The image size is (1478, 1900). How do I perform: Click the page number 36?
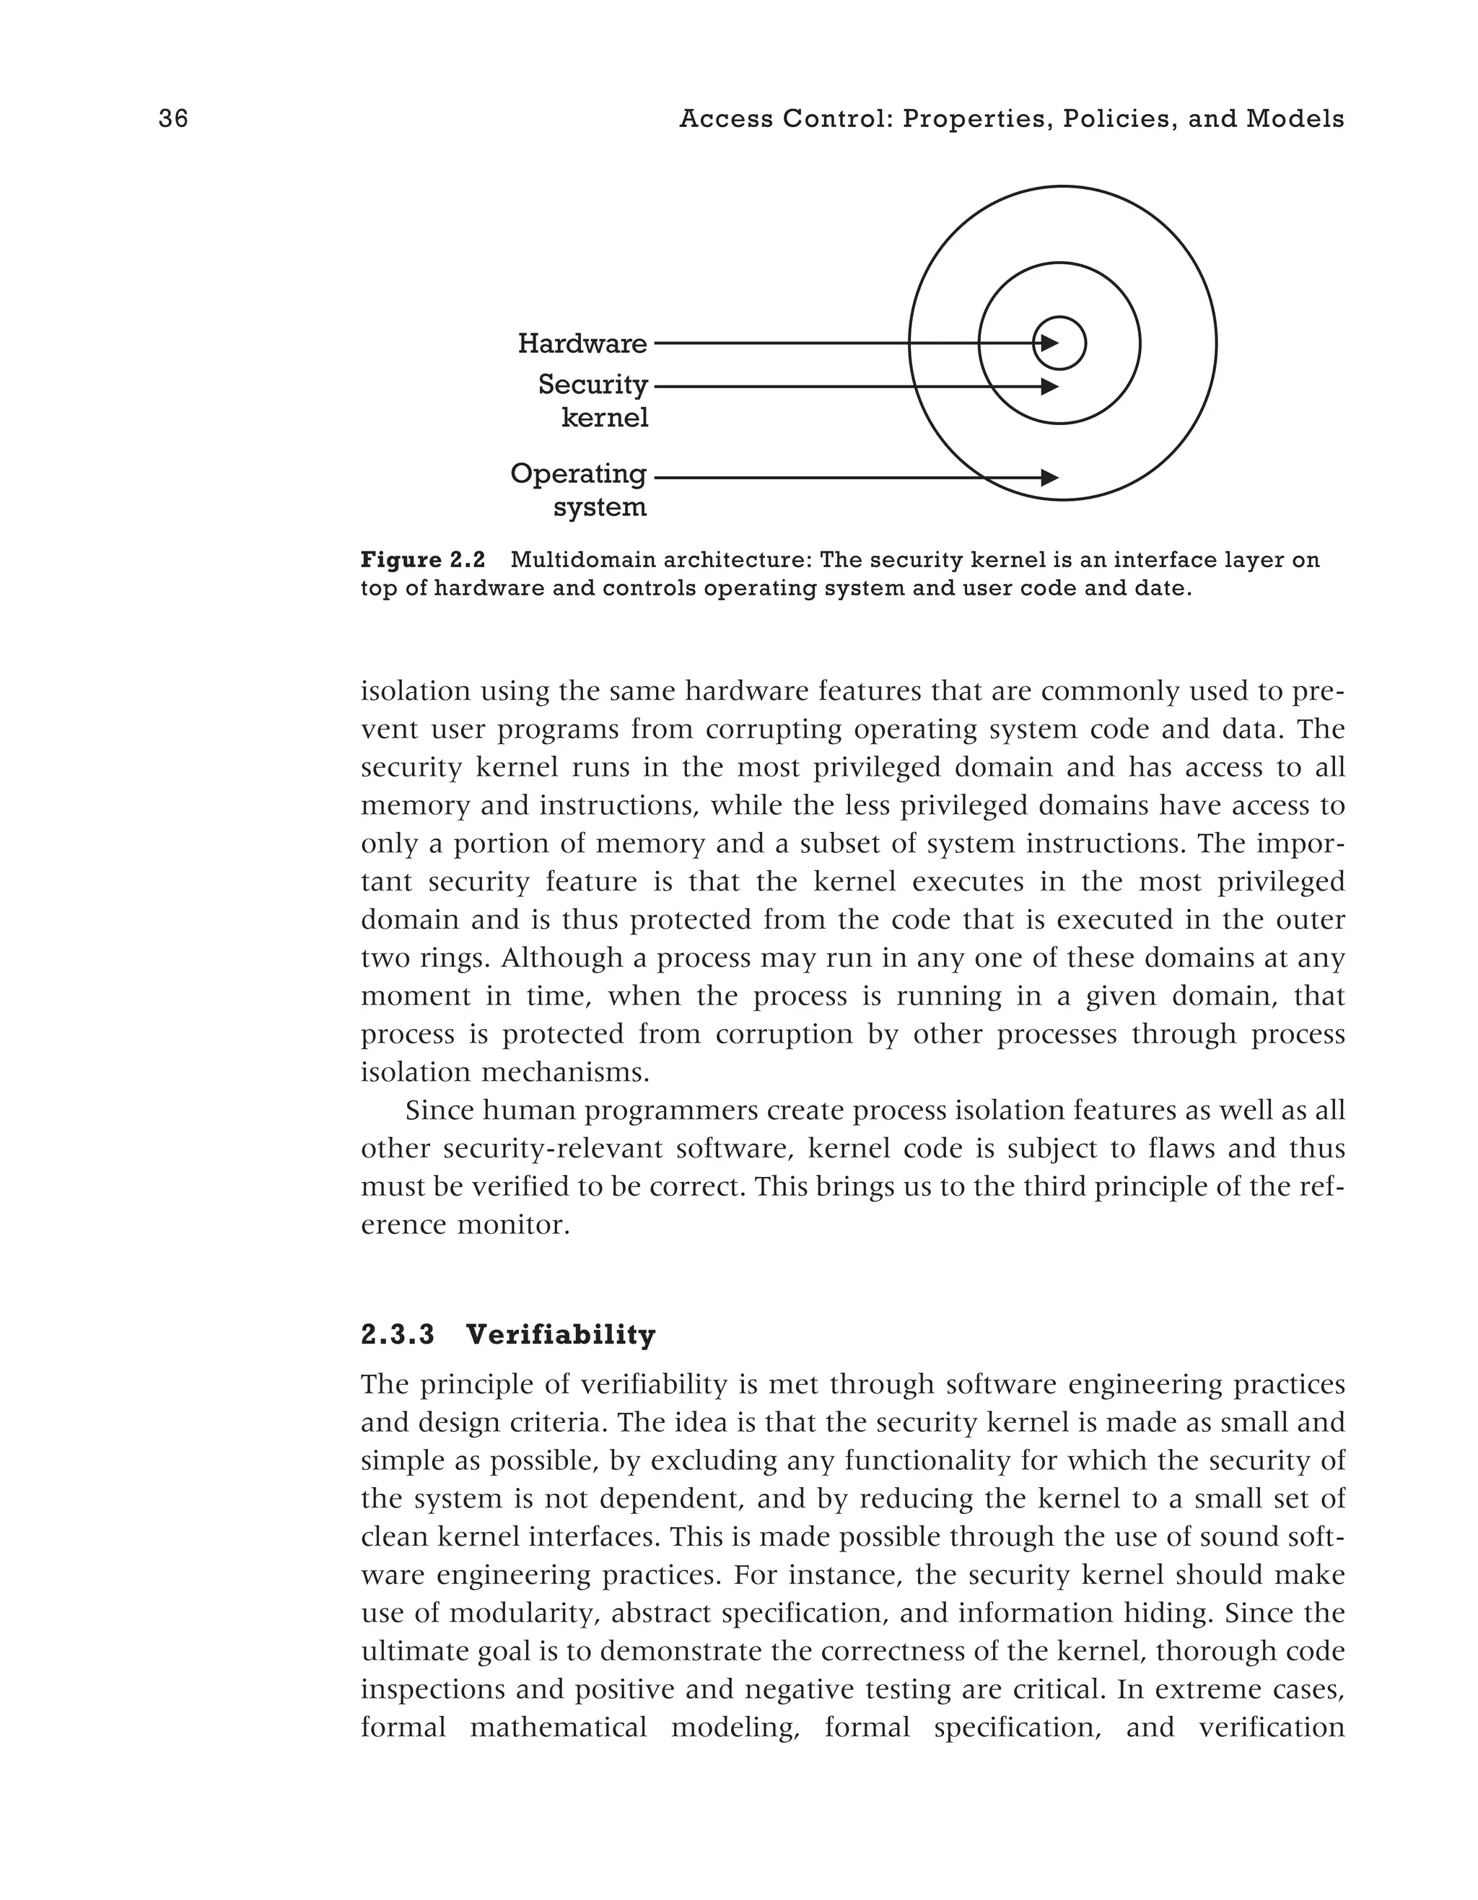tap(173, 118)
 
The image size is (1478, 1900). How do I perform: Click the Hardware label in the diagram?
tap(582, 343)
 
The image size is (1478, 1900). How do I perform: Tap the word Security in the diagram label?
tap(592, 385)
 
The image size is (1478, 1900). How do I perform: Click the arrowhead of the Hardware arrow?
tap(1050, 343)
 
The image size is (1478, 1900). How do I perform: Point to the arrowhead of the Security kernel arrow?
tap(1050, 386)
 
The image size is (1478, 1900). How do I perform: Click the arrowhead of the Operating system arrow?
tap(1050, 478)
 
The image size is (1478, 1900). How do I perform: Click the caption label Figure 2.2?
tap(423, 559)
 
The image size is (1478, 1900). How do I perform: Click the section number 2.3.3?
tap(398, 1334)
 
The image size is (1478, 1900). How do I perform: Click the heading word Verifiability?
tap(560, 1334)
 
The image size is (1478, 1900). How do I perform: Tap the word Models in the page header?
tap(1295, 118)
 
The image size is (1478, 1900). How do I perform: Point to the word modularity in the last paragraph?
tap(522, 1614)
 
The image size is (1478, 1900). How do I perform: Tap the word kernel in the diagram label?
tap(605, 419)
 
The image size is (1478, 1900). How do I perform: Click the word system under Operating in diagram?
tap(600, 507)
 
